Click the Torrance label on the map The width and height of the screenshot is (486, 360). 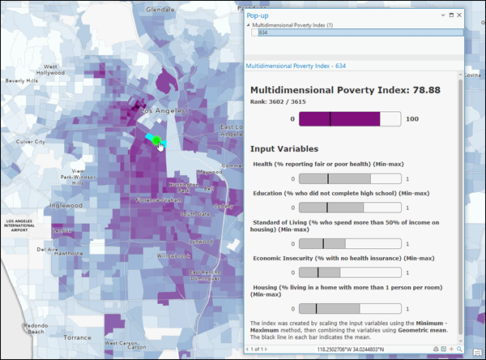tap(79, 337)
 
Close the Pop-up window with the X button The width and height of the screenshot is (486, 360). tap(459, 15)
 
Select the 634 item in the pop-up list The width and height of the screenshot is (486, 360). tap(263, 33)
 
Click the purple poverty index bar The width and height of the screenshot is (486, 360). tap(339, 119)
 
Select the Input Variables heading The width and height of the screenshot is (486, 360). tap(283, 148)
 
